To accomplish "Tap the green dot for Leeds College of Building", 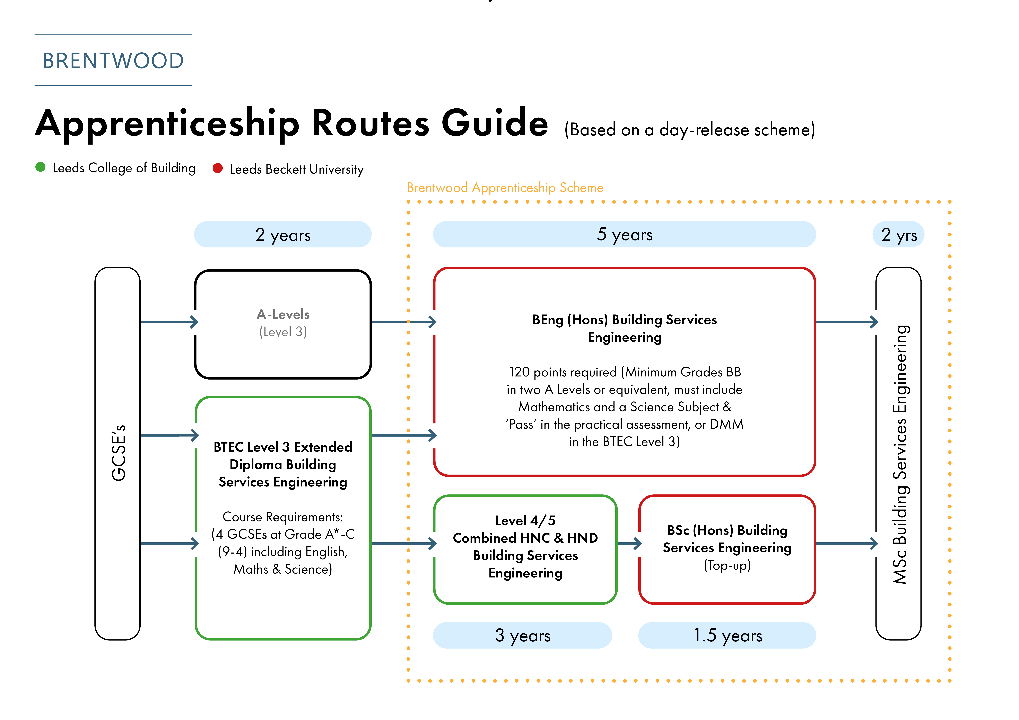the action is click(x=40, y=167).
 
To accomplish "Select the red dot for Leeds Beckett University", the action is click(x=217, y=168).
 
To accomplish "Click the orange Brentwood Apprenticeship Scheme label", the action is click(x=505, y=188).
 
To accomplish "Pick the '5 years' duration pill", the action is click(x=624, y=234).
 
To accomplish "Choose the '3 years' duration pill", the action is click(x=522, y=635).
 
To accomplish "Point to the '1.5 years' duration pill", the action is click(x=727, y=635).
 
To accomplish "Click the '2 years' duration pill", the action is click(x=283, y=234).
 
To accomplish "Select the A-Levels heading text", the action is click(x=283, y=314).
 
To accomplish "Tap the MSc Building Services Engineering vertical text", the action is click(x=900, y=454).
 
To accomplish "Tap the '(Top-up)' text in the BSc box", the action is click(x=727, y=565).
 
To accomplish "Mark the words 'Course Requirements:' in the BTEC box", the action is click(x=283, y=517).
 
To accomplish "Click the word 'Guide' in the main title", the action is click(x=495, y=123).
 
